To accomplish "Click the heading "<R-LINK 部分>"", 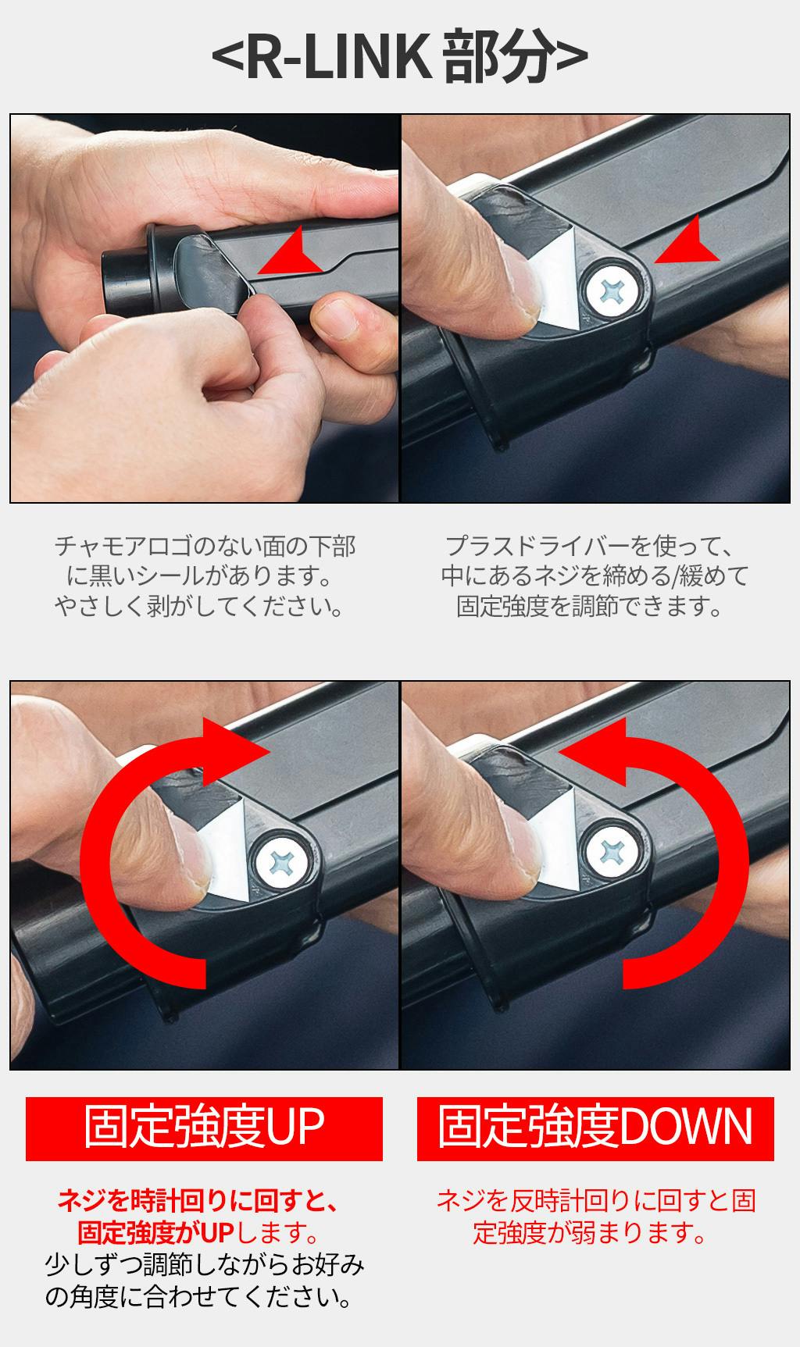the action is point(399,58).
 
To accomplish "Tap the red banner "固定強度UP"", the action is point(204,1128).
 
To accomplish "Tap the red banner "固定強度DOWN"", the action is point(595,1128).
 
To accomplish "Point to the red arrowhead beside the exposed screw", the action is point(687,241).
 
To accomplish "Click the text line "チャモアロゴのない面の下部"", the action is point(205,546).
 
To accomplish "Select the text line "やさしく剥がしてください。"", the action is point(200,607).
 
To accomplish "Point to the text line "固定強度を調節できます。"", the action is point(591,607).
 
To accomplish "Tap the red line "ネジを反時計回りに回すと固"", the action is point(596,1201).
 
